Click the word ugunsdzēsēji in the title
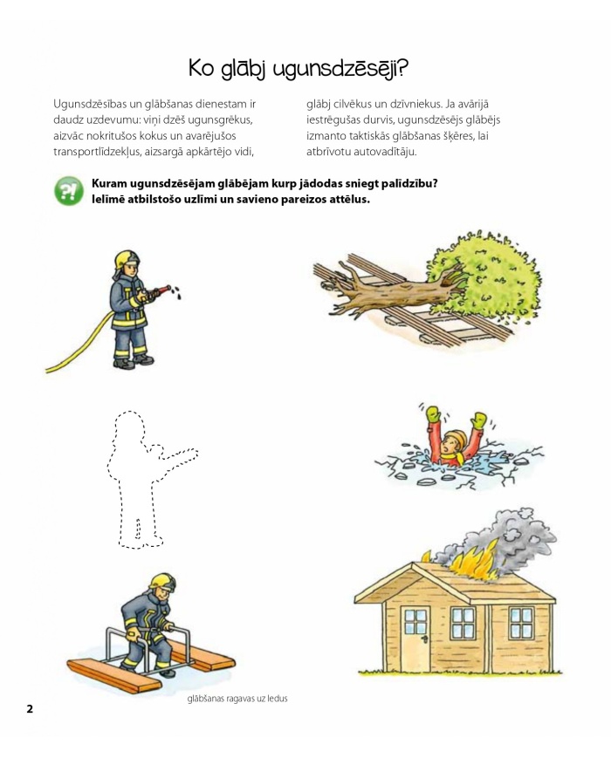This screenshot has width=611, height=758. [x=340, y=69]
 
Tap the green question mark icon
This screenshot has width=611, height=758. [x=69, y=191]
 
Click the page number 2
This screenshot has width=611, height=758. [x=30, y=708]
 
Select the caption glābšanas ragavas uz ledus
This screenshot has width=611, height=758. [x=237, y=699]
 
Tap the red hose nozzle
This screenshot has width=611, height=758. [x=161, y=290]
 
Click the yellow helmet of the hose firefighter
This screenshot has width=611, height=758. [x=127, y=260]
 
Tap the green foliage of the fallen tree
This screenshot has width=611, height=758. [x=484, y=278]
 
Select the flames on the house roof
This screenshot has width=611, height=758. [x=471, y=560]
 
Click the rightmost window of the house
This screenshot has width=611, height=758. [x=521, y=623]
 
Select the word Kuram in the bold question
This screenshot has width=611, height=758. [x=109, y=184]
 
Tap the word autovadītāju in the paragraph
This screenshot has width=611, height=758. [x=385, y=152]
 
